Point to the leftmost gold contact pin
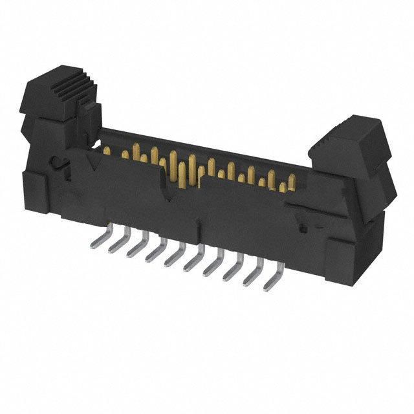(x=105, y=151)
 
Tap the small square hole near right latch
(x=301, y=228)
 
